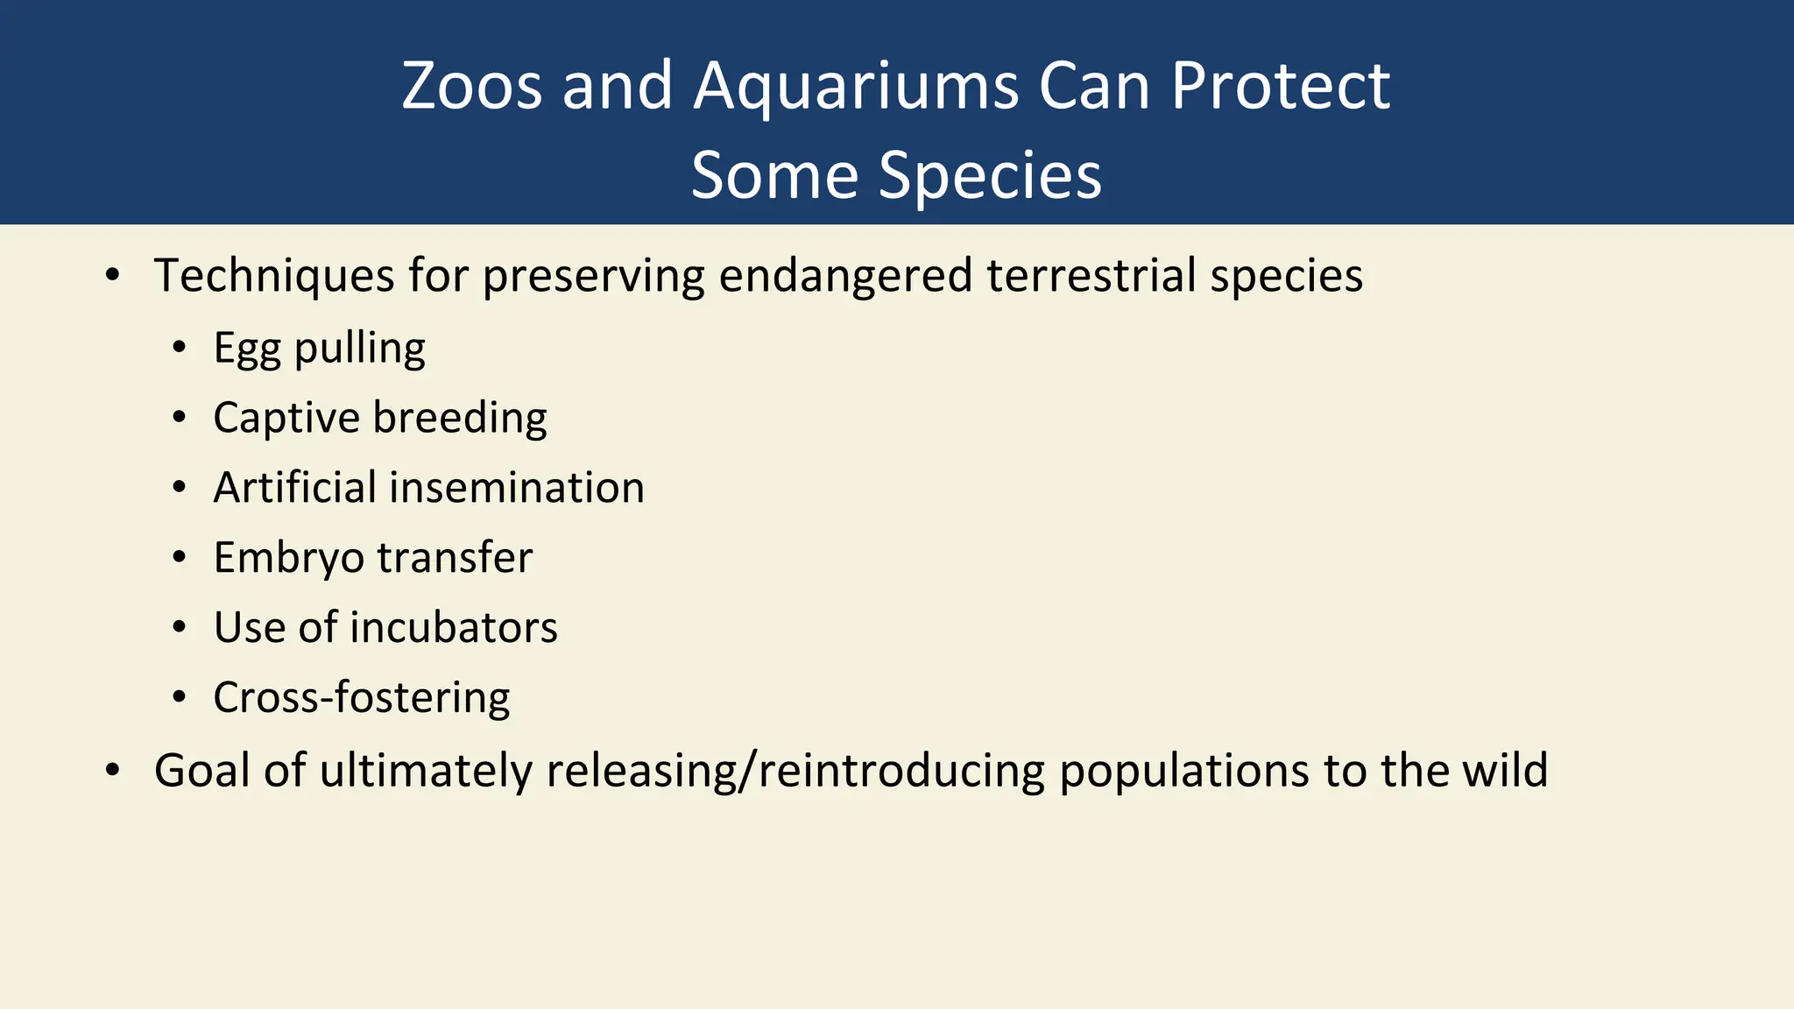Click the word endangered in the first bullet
[845, 275]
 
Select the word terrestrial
[1091, 275]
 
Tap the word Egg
[246, 349]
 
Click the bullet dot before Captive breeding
[180, 418]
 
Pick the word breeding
[460, 418]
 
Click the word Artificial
[294, 488]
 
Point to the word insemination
[517, 488]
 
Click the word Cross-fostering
[361, 698]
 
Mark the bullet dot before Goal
[112, 771]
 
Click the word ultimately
[425, 771]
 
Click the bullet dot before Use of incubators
[180, 628]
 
